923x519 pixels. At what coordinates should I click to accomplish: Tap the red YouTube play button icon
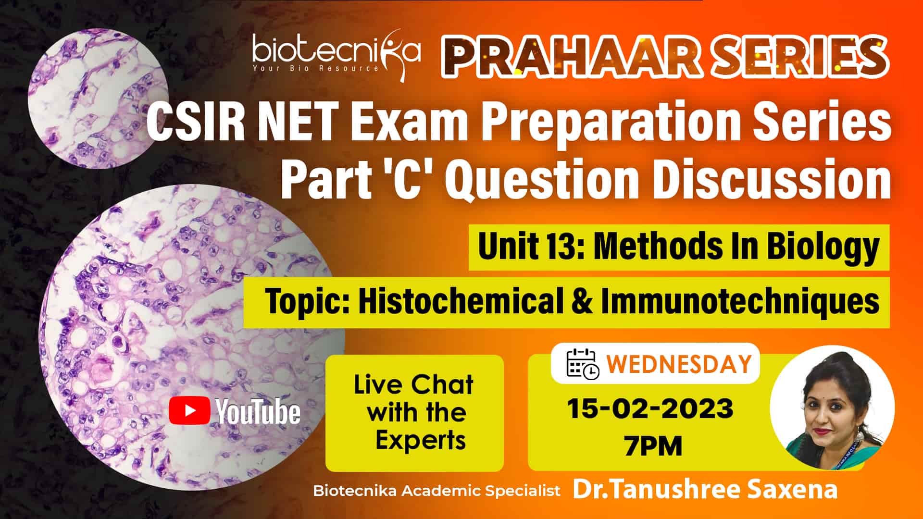tap(189, 410)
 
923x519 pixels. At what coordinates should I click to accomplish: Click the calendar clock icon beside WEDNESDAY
tap(583, 364)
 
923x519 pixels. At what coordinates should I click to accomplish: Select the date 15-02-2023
tap(650, 408)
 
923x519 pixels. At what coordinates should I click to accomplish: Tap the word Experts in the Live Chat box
tap(421, 440)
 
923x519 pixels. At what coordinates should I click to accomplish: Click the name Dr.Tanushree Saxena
tap(705, 490)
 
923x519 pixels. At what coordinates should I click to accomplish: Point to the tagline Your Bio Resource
tap(316, 68)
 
